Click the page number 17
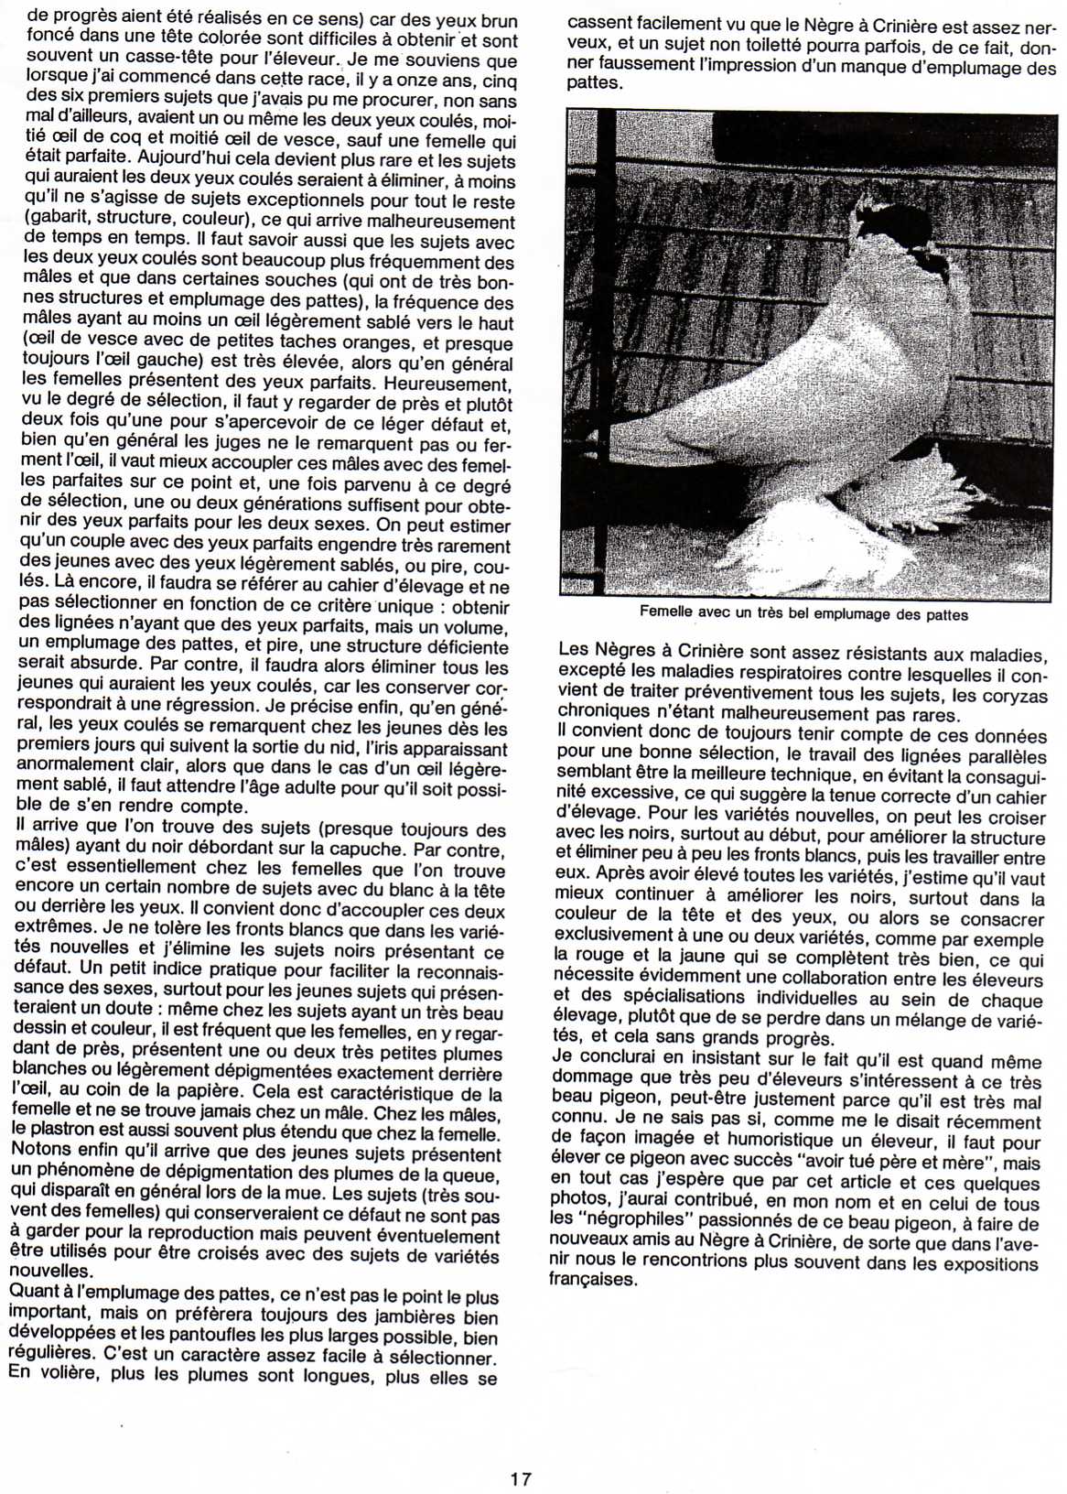click(521, 1478)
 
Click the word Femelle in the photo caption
click(666, 614)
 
